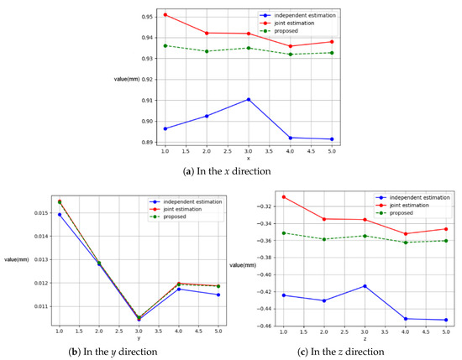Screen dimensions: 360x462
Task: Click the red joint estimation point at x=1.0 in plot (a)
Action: click(165, 15)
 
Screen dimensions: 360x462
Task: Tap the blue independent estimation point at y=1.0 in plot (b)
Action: click(60, 215)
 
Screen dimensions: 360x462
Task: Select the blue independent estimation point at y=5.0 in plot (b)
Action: click(218, 295)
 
